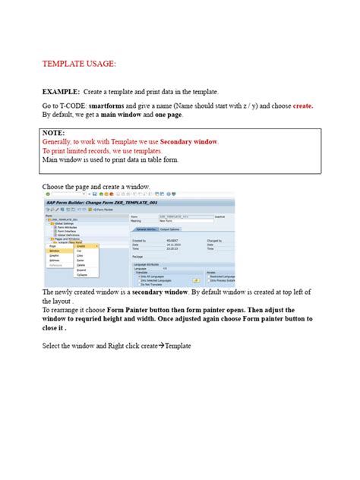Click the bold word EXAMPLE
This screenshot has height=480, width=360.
point(61,91)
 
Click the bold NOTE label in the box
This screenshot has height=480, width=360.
point(54,132)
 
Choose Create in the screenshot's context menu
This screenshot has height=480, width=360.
point(81,246)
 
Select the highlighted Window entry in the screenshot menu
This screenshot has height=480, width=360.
point(55,251)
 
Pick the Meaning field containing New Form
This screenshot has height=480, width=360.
point(190,220)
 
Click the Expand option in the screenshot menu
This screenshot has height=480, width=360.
point(81,269)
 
